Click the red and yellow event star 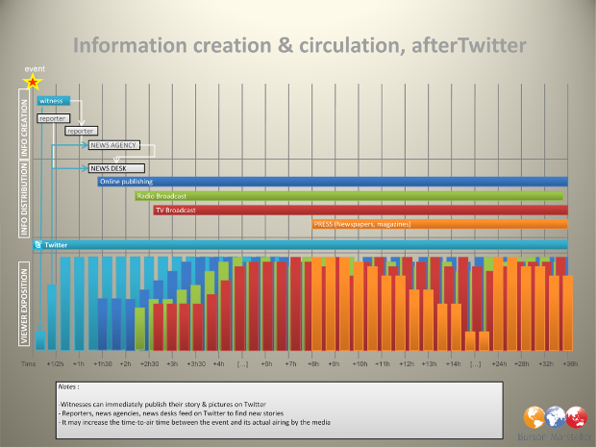[33, 83]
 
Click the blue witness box [53, 100]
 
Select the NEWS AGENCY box [113, 145]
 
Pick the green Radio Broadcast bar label [159, 195]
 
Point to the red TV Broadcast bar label [176, 210]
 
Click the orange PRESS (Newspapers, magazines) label [361, 224]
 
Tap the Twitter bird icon [38, 245]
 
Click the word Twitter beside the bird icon [57, 245]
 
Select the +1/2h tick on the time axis [55, 364]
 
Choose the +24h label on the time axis [499, 364]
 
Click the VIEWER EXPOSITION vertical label [25, 302]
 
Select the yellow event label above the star [34, 69]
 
